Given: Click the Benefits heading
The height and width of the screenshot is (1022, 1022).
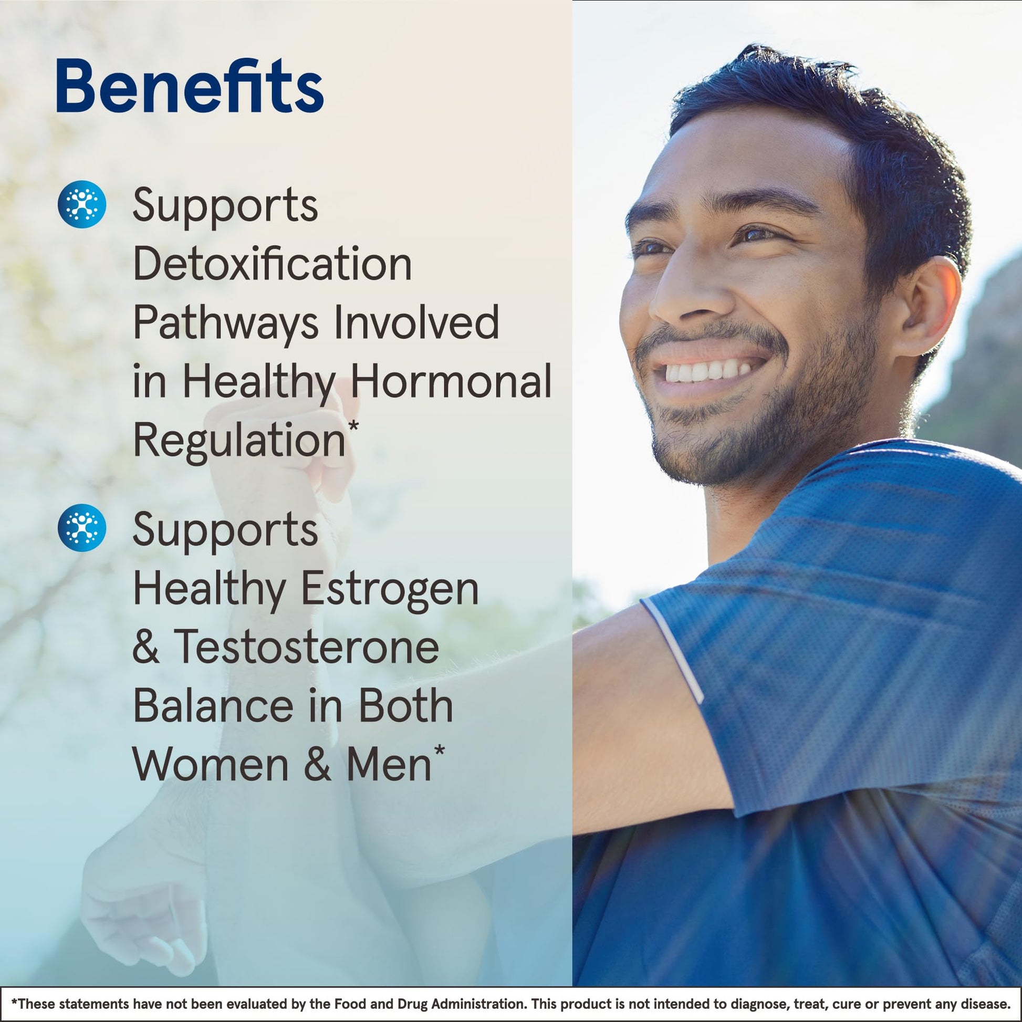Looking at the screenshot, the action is [x=190, y=86].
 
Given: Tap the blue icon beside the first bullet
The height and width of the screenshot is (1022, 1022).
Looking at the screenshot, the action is [x=82, y=204].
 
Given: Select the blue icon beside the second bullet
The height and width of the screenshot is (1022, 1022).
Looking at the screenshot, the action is [x=82, y=527].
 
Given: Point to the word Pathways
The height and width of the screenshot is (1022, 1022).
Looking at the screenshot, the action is [x=225, y=324].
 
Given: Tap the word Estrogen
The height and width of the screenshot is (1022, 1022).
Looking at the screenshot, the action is [x=390, y=590].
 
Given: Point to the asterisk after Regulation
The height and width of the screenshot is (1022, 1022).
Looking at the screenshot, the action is [x=353, y=427].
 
